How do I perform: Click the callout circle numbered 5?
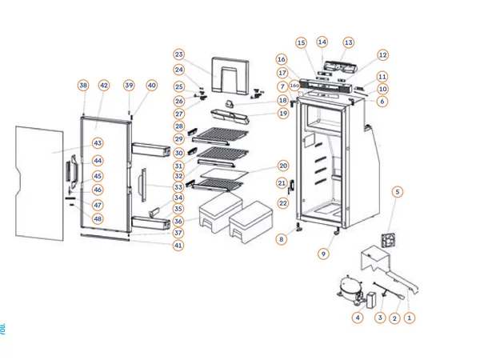point(398,192)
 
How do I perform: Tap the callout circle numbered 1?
point(410,318)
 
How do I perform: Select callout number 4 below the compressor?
point(358,318)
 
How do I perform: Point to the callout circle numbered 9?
point(323,254)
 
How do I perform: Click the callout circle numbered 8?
point(282,239)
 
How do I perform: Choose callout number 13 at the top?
point(348,42)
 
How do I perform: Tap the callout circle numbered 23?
point(178,54)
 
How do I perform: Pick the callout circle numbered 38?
point(82,85)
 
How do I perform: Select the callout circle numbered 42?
point(103,85)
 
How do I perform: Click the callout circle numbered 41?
point(178,246)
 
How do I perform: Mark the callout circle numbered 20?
point(282,166)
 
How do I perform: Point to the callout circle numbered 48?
point(98,218)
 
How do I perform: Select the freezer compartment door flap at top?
point(227,76)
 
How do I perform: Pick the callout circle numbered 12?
point(382,55)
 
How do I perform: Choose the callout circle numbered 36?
point(178,221)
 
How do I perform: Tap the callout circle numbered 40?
point(151,85)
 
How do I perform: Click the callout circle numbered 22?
point(282,203)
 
